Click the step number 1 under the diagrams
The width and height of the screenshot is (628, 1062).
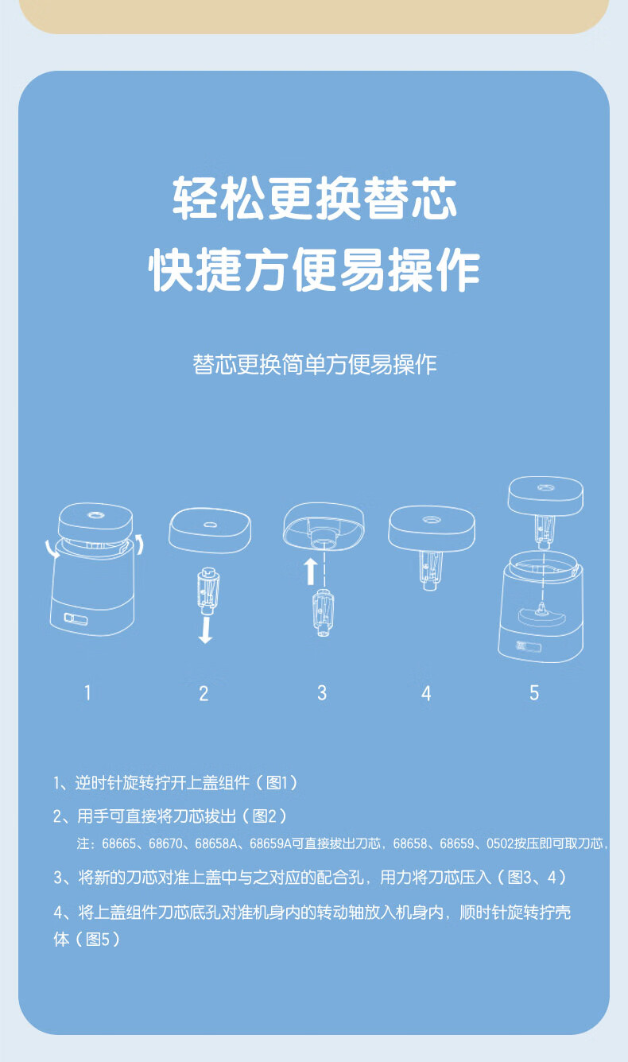pyautogui.click(x=87, y=692)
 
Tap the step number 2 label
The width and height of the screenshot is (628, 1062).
pyautogui.click(x=204, y=694)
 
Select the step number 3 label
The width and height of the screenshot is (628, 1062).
pyautogui.click(x=322, y=693)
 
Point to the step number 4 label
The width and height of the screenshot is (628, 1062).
pyautogui.click(x=426, y=694)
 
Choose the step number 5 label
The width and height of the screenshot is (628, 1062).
pyautogui.click(x=534, y=693)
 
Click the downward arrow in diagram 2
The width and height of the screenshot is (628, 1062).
pyautogui.click(x=205, y=629)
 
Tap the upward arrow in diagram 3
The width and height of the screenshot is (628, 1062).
pyautogui.click(x=310, y=571)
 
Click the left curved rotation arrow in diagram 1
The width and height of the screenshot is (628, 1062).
pyautogui.click(x=51, y=548)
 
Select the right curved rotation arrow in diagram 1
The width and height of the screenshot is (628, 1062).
pyautogui.click(x=139, y=544)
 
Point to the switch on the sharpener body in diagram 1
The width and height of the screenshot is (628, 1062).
pyautogui.click(x=76, y=618)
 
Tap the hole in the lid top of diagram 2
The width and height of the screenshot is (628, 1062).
pyautogui.click(x=210, y=525)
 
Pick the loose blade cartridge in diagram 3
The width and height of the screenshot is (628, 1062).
pyautogui.click(x=323, y=613)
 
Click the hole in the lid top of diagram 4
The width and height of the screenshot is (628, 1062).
pyautogui.click(x=432, y=520)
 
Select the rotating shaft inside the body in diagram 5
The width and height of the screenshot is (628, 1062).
pyautogui.click(x=541, y=608)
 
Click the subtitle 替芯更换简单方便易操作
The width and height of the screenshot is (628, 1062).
pyautogui.click(x=314, y=365)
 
